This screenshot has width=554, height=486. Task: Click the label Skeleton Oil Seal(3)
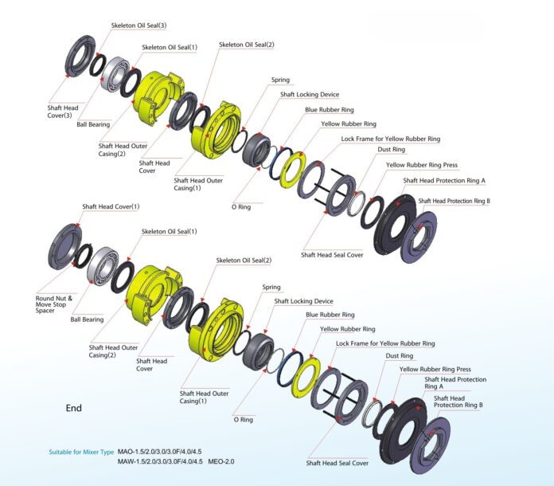click(140, 25)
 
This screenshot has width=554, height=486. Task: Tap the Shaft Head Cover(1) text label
click(111, 207)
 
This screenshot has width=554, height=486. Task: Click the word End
click(74, 408)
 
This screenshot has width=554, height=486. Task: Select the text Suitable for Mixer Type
click(81, 452)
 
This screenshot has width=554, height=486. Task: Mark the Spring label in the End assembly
click(271, 288)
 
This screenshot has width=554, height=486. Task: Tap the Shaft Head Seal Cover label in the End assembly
click(337, 463)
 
